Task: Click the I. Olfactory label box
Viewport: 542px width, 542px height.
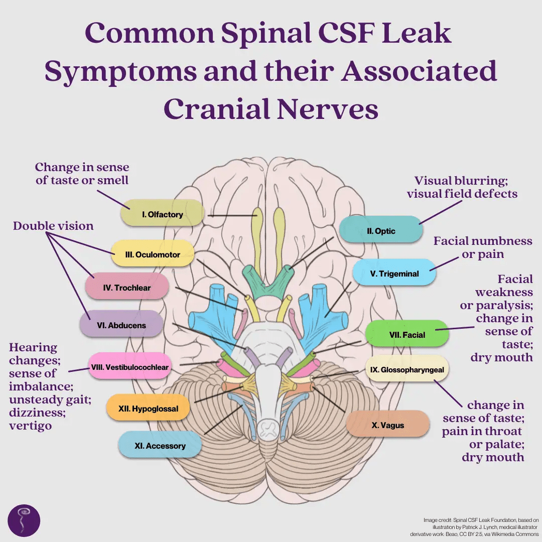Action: pyautogui.click(x=162, y=215)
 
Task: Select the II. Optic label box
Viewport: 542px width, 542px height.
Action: pyautogui.click(x=381, y=231)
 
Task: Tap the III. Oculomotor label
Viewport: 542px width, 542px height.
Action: pyautogui.click(x=152, y=254)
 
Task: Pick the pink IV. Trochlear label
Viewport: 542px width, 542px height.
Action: pyautogui.click(x=126, y=288)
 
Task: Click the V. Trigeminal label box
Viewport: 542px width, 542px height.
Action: pyautogui.click(x=394, y=274)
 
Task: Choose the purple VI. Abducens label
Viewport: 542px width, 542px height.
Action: pyautogui.click(x=121, y=325)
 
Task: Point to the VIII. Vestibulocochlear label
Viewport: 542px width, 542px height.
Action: pyautogui.click(x=129, y=367)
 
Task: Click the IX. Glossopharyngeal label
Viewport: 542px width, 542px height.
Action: pyautogui.click(x=406, y=370)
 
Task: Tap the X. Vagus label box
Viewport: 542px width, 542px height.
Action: pyautogui.click(x=387, y=425)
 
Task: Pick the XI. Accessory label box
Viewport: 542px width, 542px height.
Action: pyautogui.click(x=160, y=446)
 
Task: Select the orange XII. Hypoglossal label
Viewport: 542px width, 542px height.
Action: pyautogui.click(x=148, y=409)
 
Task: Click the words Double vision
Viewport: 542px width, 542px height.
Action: pyautogui.click(x=53, y=226)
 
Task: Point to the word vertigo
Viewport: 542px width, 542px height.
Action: pyautogui.click(x=30, y=426)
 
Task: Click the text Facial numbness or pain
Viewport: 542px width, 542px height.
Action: pyautogui.click(x=482, y=247)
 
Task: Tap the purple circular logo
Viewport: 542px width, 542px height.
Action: pyautogui.click(x=24, y=520)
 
